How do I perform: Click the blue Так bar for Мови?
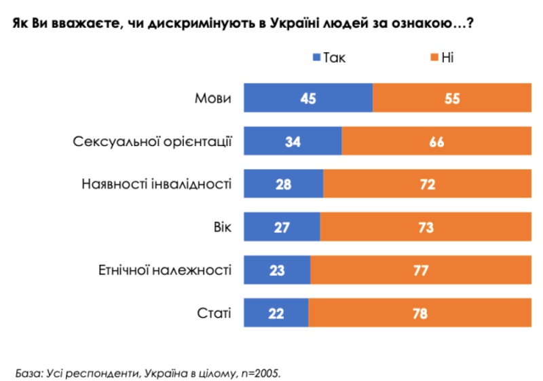point(308,98)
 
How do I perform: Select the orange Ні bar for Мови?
point(451,98)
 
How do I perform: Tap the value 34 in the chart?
point(293,141)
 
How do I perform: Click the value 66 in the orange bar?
point(436,141)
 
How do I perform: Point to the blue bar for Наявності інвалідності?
point(284,184)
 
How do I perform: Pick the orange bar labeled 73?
point(426,227)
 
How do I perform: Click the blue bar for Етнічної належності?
point(277,270)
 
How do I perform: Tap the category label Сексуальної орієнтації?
point(152,142)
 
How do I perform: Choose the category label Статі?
point(215,313)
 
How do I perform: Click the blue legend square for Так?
point(316,58)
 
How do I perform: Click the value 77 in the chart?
point(420,270)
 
